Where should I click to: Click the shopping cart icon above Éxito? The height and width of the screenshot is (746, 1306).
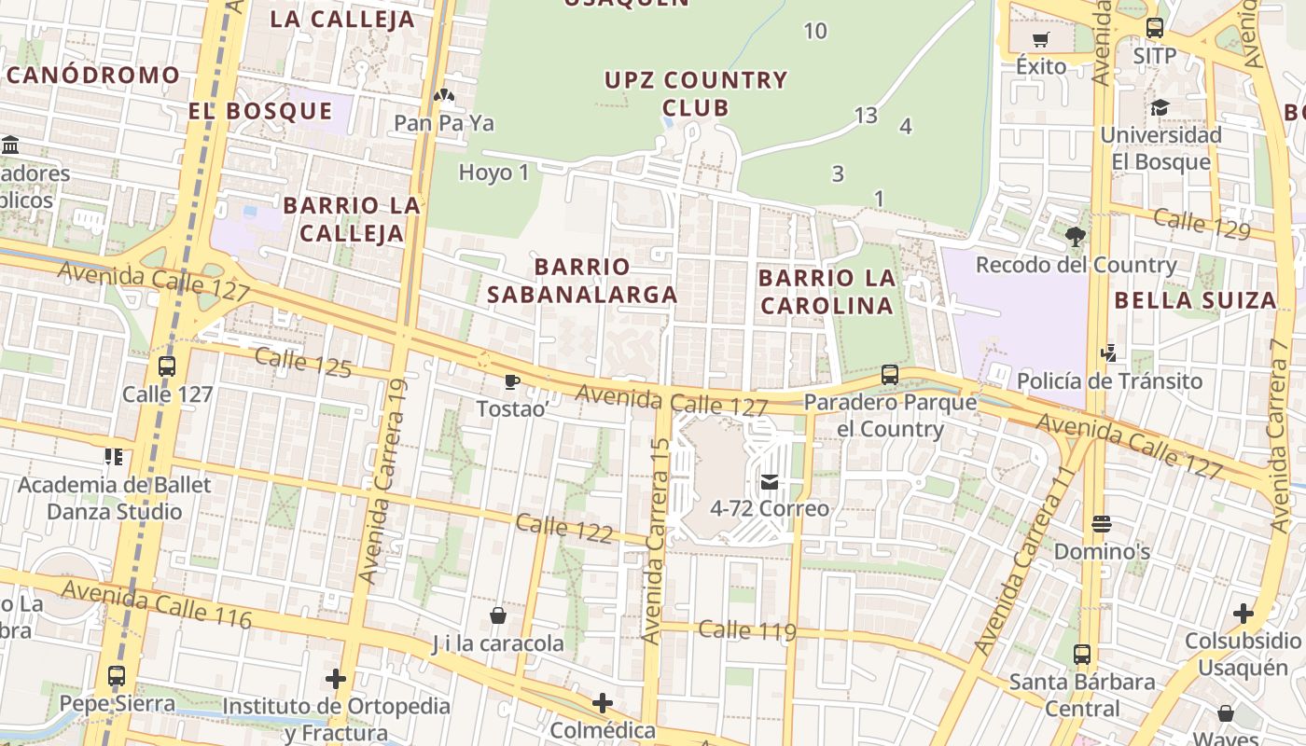(x=1041, y=39)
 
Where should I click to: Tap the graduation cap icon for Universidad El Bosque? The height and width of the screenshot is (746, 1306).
(x=1160, y=108)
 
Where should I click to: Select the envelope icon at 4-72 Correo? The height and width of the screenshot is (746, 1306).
(x=770, y=482)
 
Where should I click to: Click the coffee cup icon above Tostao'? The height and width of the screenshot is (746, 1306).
(x=511, y=381)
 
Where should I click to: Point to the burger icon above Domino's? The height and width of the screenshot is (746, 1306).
(x=1102, y=524)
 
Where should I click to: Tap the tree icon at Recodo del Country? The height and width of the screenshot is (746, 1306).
(x=1075, y=237)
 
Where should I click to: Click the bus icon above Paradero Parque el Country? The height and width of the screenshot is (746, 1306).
(x=890, y=375)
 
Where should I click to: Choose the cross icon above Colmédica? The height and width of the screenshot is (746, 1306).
(x=603, y=702)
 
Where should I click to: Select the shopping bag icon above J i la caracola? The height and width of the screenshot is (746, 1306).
(x=498, y=615)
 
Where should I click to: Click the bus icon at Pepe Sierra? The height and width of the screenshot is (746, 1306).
(x=117, y=676)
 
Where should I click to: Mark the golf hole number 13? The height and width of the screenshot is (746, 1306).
(x=866, y=116)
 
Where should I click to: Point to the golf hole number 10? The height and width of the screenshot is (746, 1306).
(x=815, y=32)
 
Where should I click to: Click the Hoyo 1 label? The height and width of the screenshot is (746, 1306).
(x=493, y=173)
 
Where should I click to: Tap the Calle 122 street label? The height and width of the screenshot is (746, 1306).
(x=563, y=529)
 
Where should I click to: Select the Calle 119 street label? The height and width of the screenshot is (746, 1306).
(x=746, y=631)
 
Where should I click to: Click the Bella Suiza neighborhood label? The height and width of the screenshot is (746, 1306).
(x=1195, y=300)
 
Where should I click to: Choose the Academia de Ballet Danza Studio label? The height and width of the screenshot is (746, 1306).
(x=115, y=498)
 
